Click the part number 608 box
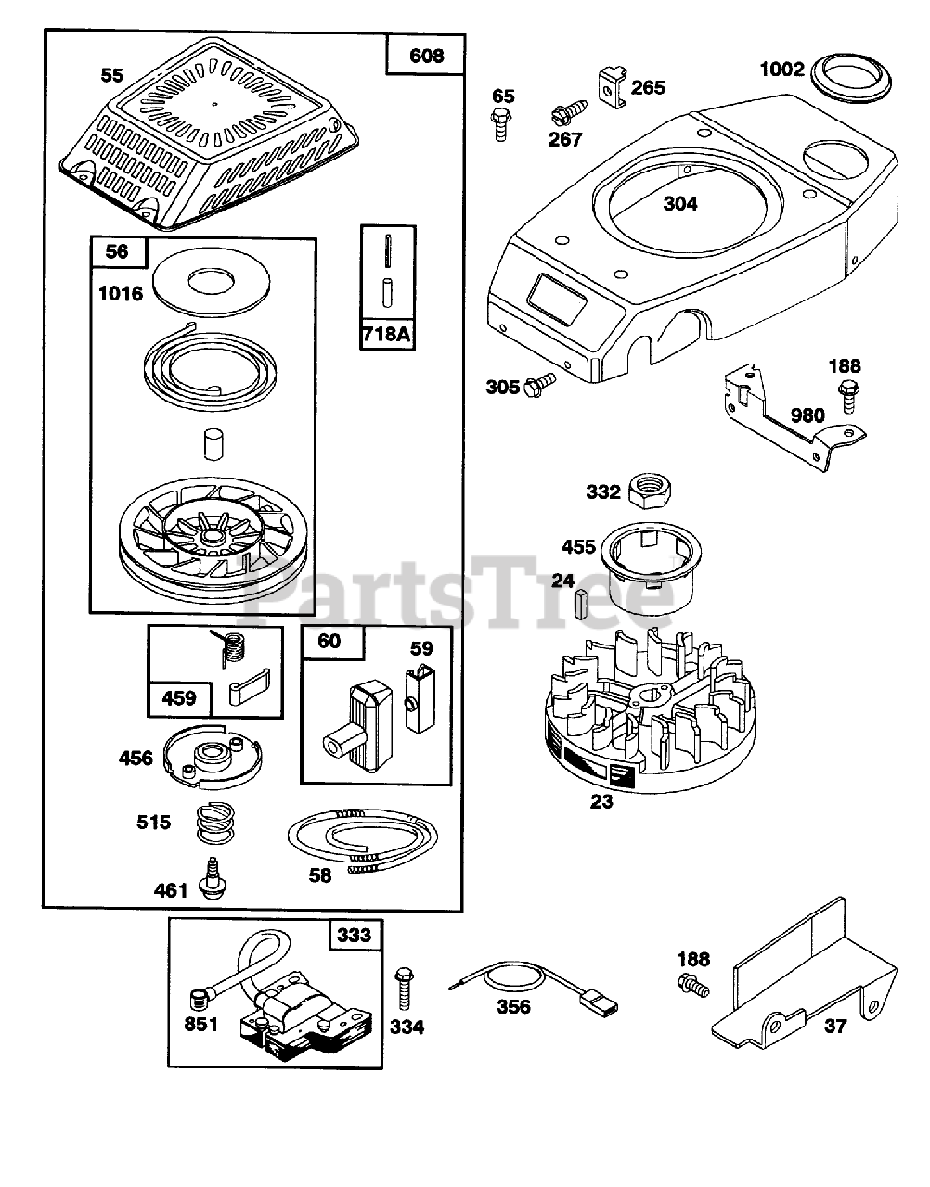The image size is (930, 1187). tap(426, 57)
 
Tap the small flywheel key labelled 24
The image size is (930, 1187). tap(581, 604)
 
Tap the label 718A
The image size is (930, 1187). tap(385, 332)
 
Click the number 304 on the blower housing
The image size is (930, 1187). tap(706, 204)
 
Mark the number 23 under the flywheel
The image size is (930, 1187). tap(601, 801)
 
